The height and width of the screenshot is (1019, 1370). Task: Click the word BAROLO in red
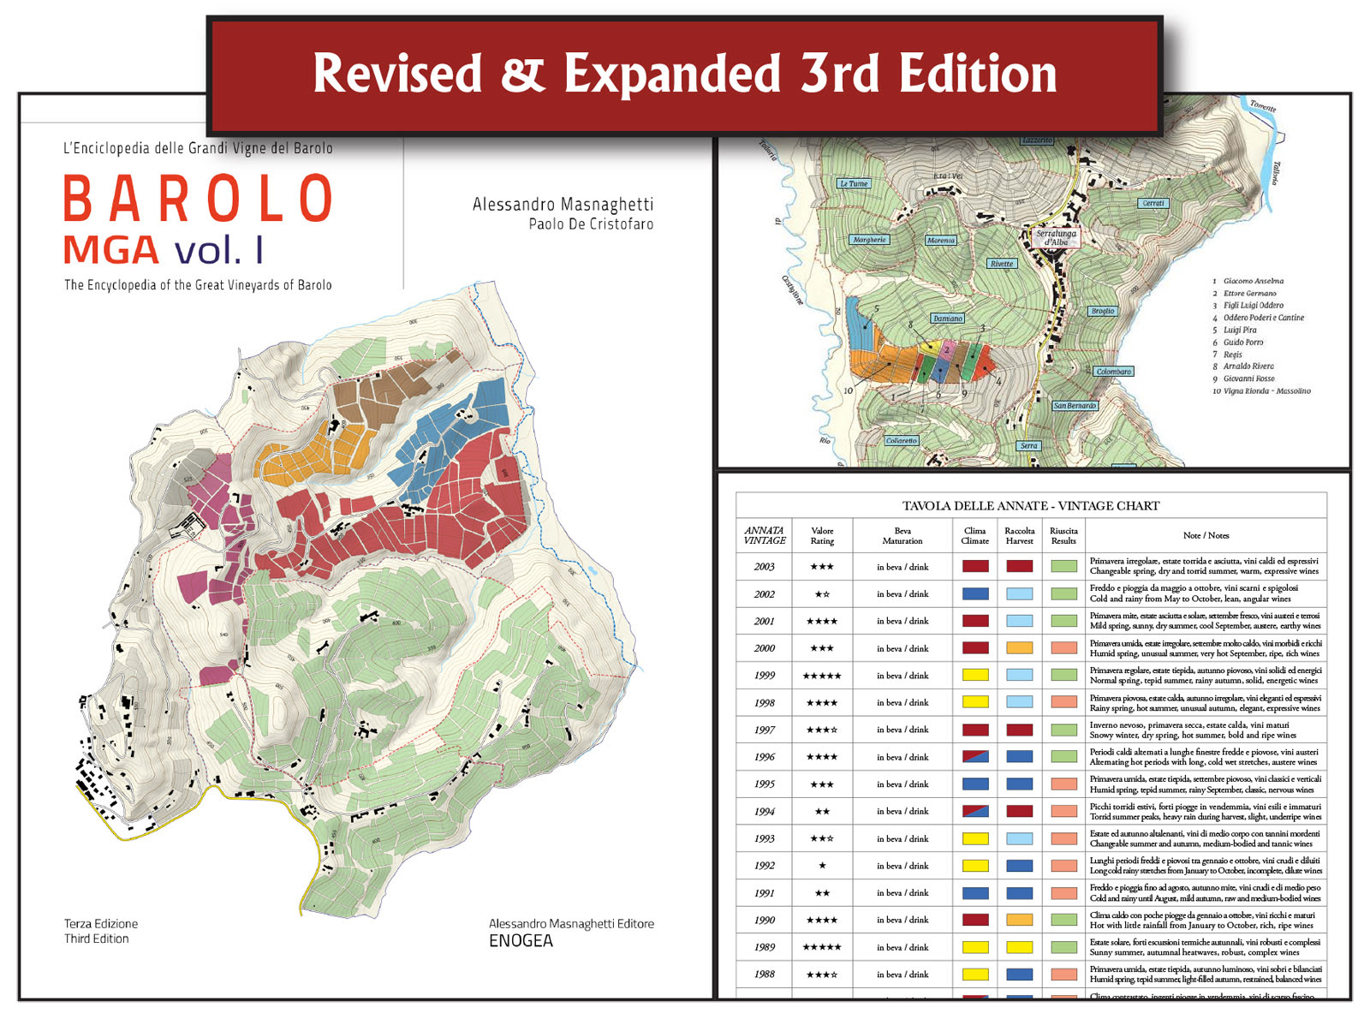[198, 199]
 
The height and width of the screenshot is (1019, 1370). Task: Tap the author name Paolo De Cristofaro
[591, 224]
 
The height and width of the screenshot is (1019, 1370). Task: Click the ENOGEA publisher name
[521, 941]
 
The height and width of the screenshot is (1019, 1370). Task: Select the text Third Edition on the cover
[96, 939]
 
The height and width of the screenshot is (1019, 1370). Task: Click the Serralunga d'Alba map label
[1056, 237]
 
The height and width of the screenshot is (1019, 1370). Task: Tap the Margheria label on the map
[869, 240]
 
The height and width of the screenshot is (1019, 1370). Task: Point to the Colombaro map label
[1113, 372]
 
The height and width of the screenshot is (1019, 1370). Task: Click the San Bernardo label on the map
[1075, 406]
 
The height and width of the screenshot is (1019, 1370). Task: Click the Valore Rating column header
[822, 535]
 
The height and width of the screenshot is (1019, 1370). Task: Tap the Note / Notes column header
[1206, 535]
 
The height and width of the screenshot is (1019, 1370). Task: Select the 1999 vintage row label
[765, 676]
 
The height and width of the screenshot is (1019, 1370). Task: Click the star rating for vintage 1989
[822, 947]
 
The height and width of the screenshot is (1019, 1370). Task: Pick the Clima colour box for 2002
[975, 593]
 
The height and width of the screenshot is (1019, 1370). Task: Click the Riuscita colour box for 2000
[1063, 648]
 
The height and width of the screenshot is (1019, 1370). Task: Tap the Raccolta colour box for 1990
[1019, 920]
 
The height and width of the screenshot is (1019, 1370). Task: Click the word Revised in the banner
[397, 74]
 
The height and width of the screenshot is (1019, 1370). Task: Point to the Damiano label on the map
[947, 319]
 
